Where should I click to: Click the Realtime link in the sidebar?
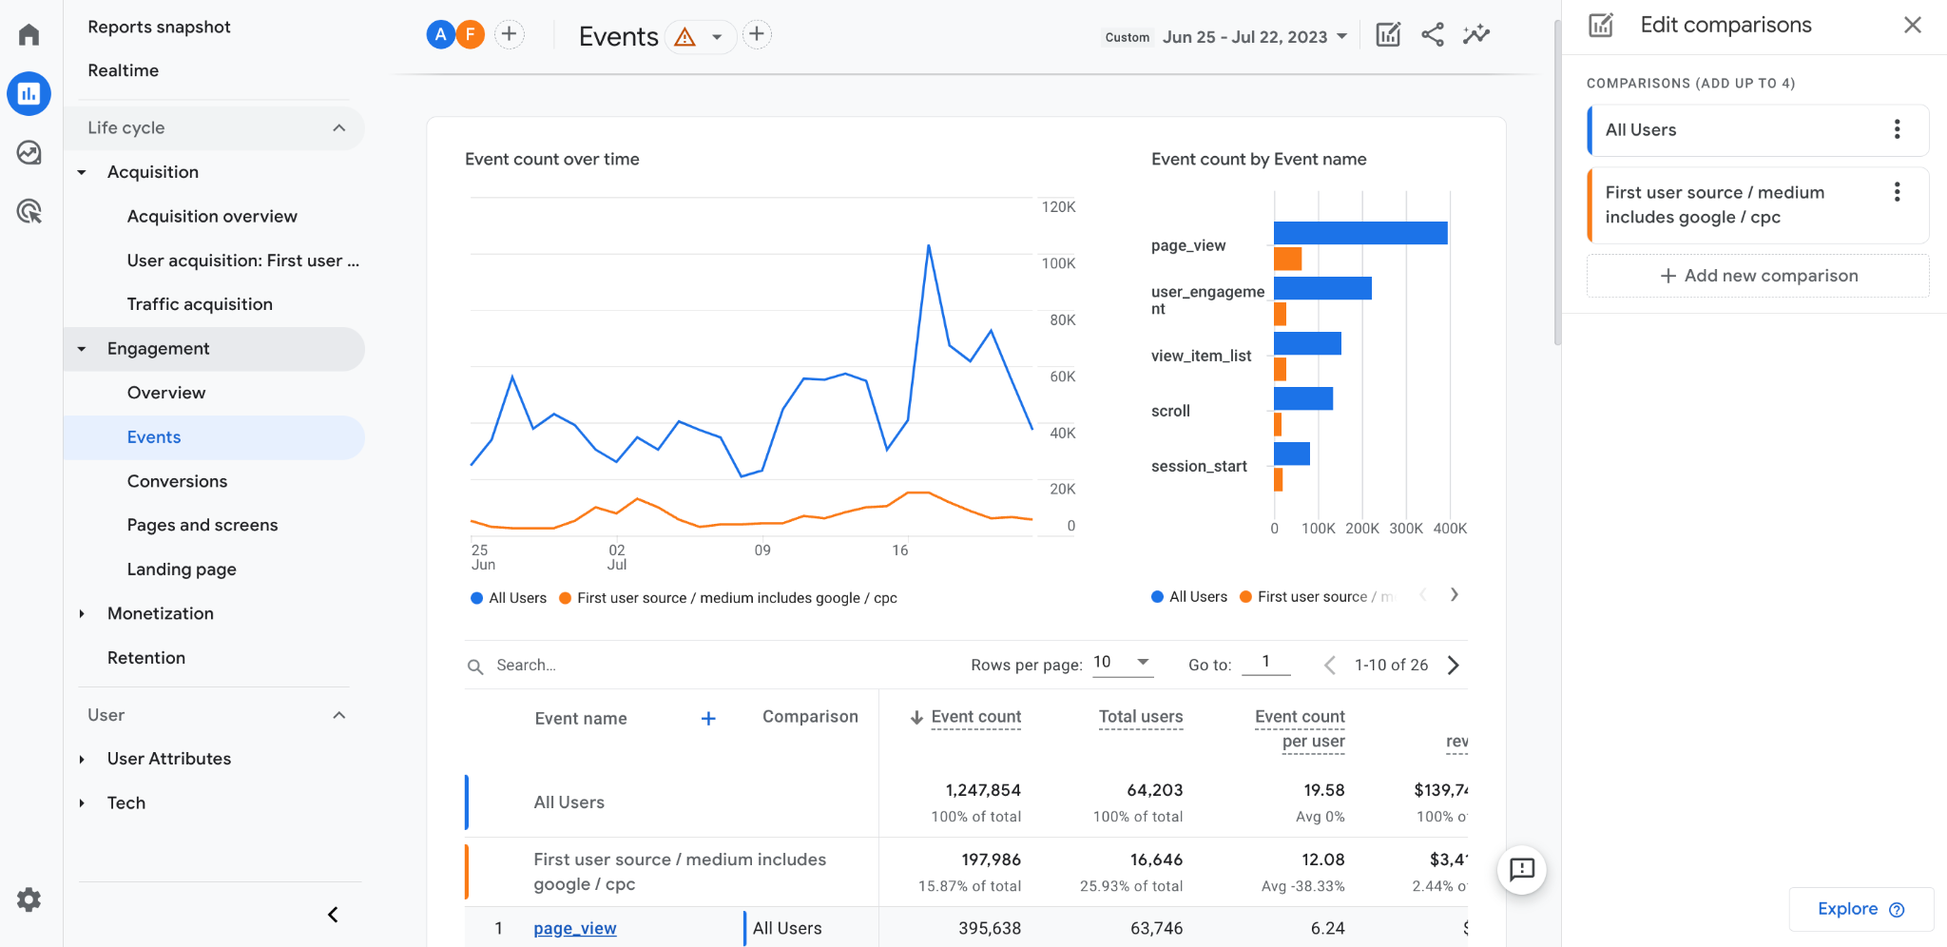123,70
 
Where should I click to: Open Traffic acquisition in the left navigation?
200,304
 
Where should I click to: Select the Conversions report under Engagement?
177,481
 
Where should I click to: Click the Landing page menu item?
182,570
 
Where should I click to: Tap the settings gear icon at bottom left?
29,899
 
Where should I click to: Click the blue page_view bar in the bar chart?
1359,233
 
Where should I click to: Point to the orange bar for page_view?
1287,259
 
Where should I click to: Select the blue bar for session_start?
1291,454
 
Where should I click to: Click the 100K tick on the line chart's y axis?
1058,263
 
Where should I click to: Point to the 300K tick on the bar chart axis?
1406,529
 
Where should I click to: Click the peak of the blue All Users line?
928,246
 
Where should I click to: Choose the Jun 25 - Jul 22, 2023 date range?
1244,37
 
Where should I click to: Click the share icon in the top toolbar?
1432,35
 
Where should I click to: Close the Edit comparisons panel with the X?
1913,25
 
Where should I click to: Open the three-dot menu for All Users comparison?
1897,129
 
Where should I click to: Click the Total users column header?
1140,717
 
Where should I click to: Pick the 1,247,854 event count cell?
982,790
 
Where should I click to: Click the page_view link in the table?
574,928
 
